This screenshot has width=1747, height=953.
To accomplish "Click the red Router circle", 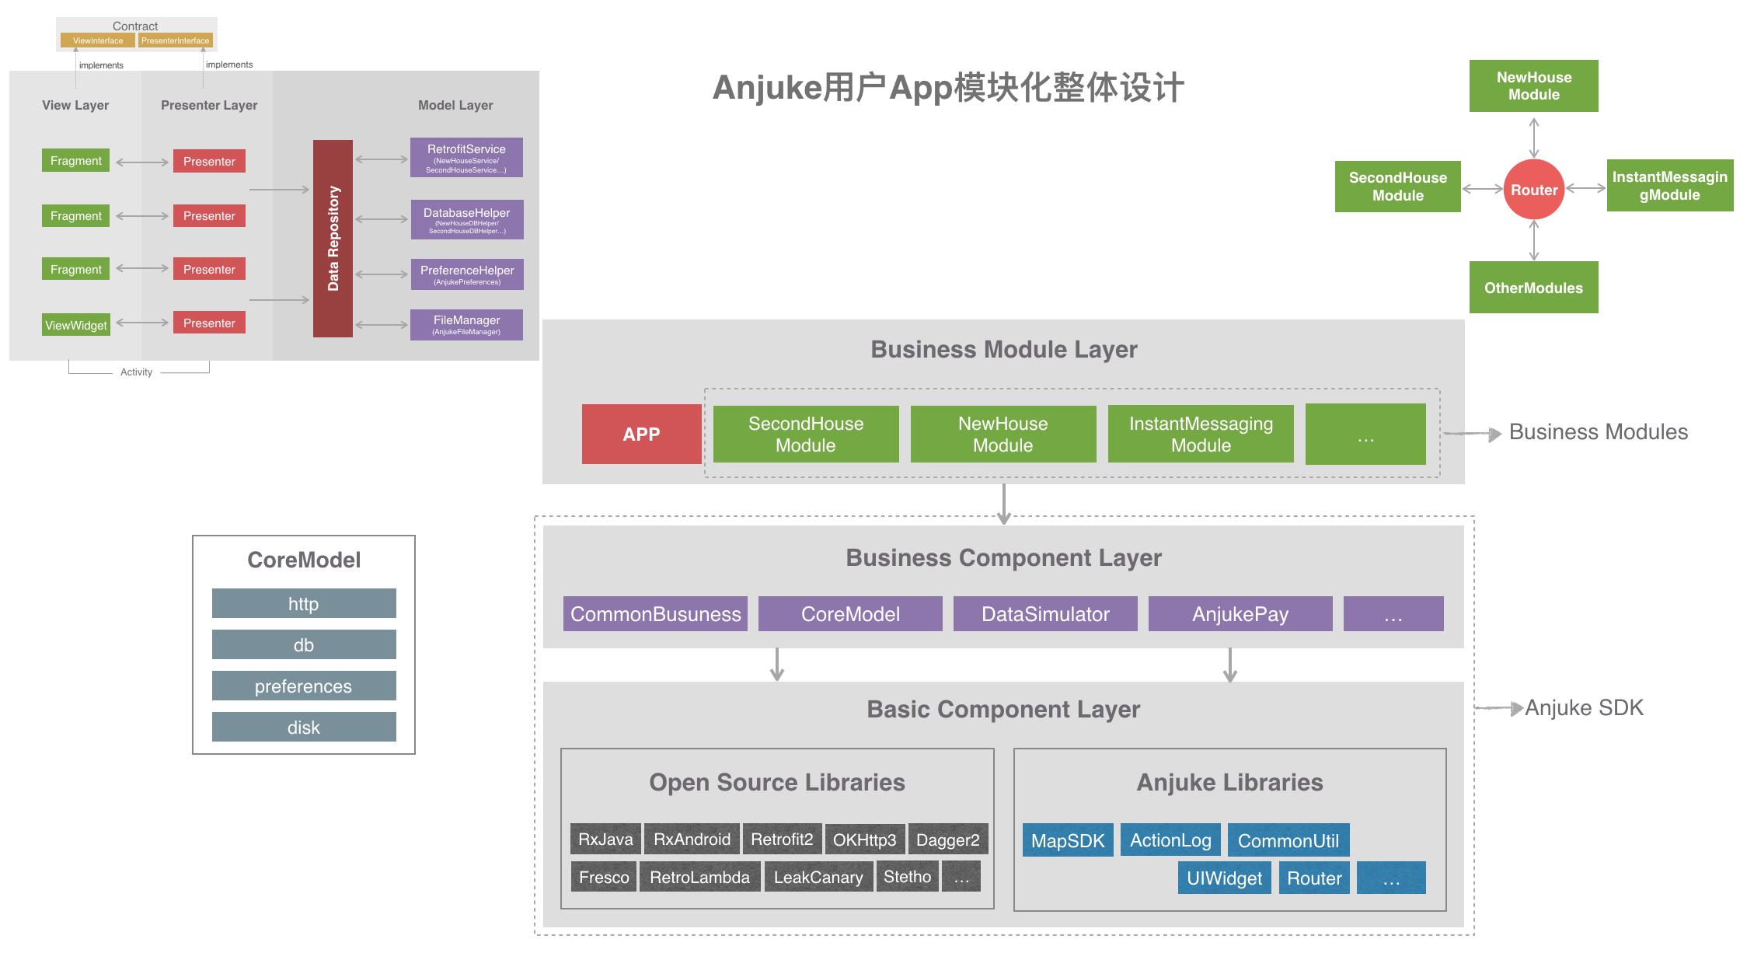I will (1533, 190).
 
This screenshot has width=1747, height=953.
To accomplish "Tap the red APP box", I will (641, 435).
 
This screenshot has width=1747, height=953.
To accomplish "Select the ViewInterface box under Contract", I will (98, 40).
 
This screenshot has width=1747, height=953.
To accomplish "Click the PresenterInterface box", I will (175, 40).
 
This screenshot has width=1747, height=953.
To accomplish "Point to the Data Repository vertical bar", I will (333, 239).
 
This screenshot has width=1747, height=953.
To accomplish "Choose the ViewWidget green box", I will (76, 325).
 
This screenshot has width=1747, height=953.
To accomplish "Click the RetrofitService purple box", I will (466, 158).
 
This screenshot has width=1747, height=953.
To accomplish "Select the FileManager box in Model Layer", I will (466, 325).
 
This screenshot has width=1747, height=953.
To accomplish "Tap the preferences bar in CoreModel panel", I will (304, 686).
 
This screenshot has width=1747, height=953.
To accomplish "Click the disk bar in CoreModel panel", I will (304, 727).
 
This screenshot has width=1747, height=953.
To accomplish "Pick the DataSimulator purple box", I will (1045, 614).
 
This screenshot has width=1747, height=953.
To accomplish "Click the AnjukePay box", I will (1240, 614).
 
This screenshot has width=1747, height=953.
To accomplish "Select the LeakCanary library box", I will (818, 877).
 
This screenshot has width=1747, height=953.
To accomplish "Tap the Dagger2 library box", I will (948, 840).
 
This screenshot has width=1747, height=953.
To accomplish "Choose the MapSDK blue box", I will (1068, 840).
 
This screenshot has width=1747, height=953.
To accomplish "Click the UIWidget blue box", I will (1224, 878).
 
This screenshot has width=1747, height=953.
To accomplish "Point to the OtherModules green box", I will (1533, 288).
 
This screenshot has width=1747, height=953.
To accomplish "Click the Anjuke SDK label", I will (1584, 707).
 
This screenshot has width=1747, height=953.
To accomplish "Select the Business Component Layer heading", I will (1003, 557).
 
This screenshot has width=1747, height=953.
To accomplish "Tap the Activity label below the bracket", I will (136, 372).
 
